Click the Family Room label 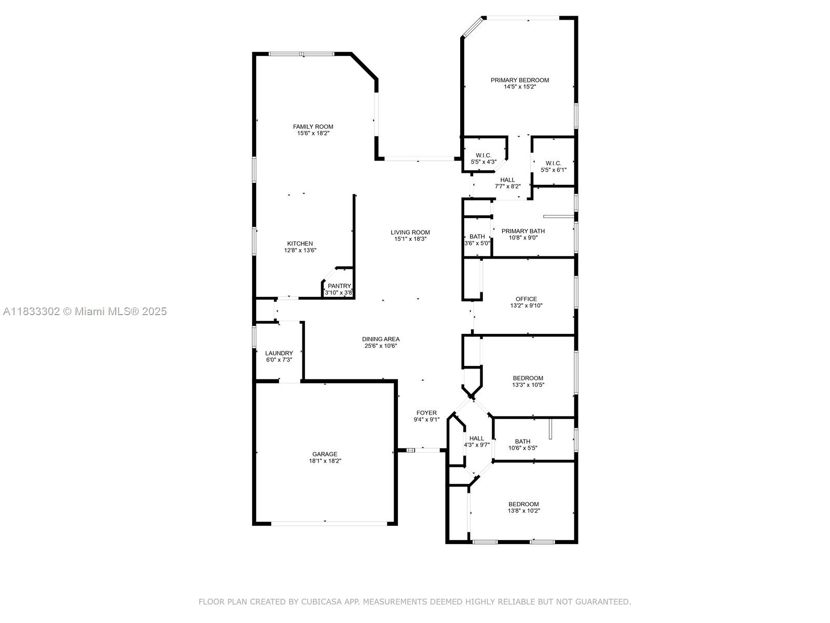coord(313,127)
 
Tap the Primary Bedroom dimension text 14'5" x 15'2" coord(520,87)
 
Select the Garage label coord(325,454)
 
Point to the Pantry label coord(339,286)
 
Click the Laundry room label coord(279,353)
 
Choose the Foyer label coord(426,413)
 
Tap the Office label coord(526,299)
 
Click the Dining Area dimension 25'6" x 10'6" coord(381,346)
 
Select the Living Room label coord(410,232)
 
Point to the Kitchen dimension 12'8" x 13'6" coord(300,250)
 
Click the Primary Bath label coord(523,231)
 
